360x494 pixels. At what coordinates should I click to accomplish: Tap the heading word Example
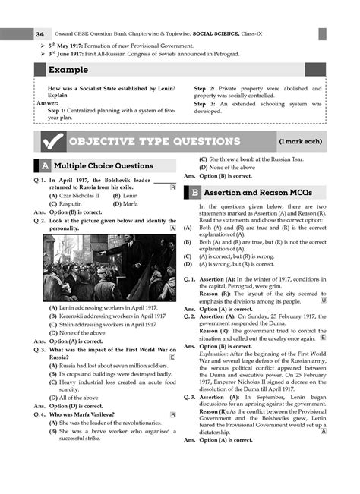coord(68,70)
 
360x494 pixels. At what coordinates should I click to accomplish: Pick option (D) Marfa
coord(126,203)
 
